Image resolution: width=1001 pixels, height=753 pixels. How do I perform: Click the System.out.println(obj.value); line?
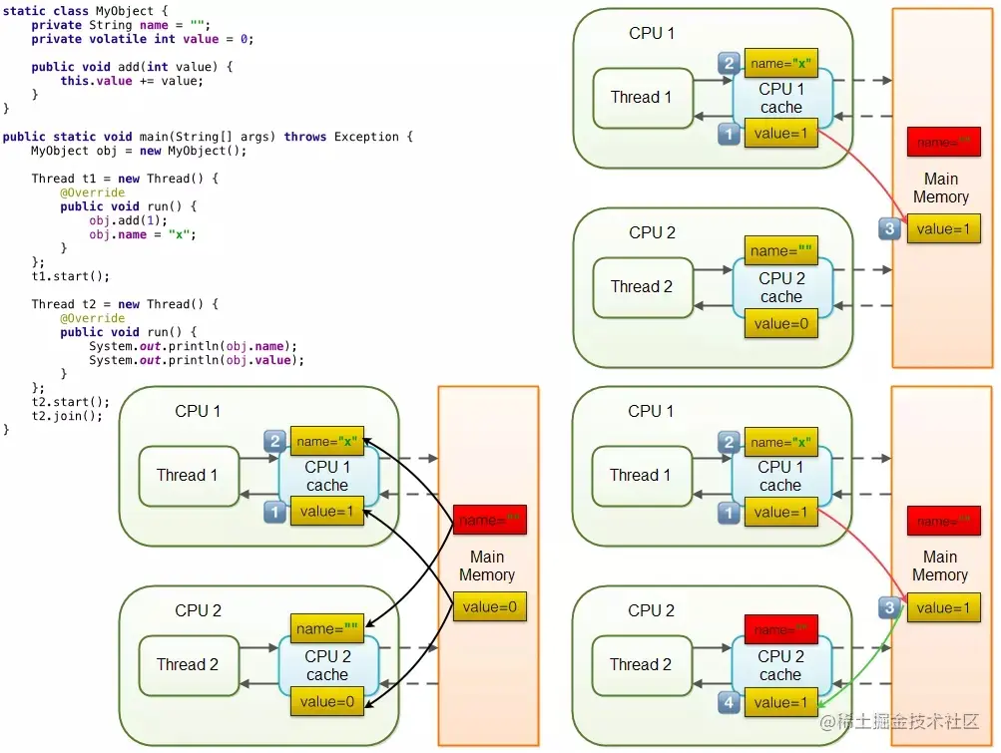(196, 360)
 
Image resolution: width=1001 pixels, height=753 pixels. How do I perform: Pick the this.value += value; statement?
(131, 81)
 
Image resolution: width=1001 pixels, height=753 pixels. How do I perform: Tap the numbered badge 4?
(730, 704)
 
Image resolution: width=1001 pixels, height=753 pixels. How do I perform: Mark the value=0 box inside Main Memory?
(489, 606)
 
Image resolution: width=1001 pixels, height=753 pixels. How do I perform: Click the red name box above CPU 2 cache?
(780, 629)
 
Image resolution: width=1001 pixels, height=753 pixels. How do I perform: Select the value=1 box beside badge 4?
(780, 702)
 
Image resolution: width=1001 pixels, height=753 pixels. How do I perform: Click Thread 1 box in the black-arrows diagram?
(187, 475)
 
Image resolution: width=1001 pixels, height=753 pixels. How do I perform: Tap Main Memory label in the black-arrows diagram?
(487, 565)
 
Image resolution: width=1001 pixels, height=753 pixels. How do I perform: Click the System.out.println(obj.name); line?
(193, 346)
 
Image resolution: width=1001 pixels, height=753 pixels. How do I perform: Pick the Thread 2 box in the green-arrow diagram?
(641, 664)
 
